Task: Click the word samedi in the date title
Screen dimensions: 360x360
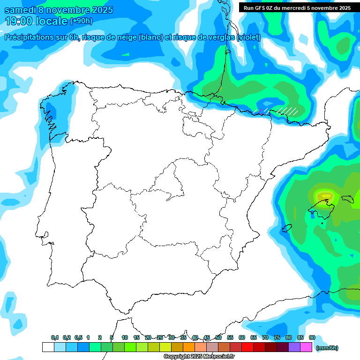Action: (22, 10)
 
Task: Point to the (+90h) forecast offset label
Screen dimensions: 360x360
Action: (81, 21)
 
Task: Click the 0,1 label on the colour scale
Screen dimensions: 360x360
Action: (55, 338)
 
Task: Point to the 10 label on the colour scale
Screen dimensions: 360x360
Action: (125, 338)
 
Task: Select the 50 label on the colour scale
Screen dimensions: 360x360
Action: (218, 338)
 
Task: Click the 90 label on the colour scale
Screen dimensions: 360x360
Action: (312, 338)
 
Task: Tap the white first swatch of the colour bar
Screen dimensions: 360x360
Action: (48, 347)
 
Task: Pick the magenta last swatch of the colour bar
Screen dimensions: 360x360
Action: (306, 347)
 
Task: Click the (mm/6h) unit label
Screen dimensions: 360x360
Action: (327, 348)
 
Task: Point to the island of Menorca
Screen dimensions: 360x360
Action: (348, 199)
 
